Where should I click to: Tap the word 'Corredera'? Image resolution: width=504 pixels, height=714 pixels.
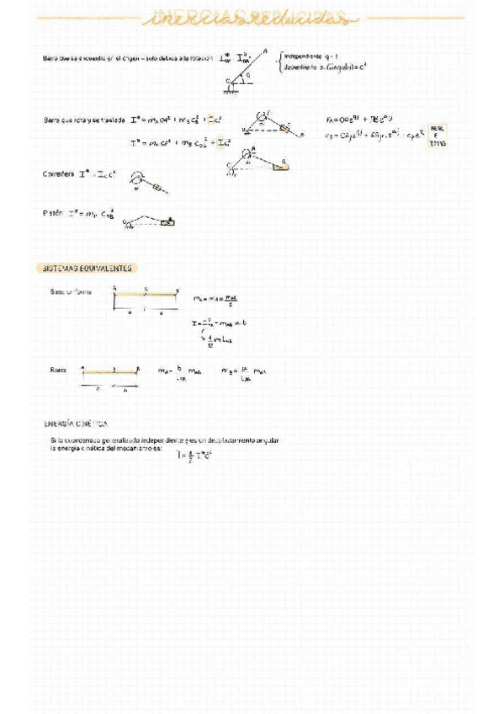(57, 174)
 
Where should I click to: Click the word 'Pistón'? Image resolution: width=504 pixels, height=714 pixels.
(53, 213)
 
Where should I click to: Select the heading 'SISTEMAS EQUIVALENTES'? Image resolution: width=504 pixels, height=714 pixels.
(88, 268)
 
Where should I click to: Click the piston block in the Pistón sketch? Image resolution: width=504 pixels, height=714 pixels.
(169, 221)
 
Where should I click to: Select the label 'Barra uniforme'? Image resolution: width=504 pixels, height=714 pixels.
(72, 291)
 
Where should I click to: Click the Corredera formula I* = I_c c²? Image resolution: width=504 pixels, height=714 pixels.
(100, 174)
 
